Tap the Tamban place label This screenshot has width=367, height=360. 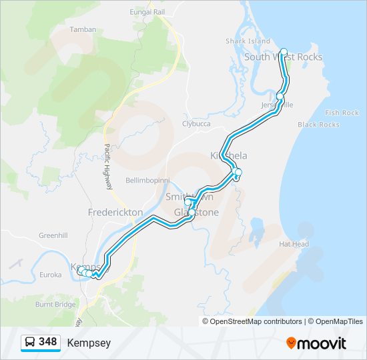(x=83, y=29)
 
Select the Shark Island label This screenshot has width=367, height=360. (x=248, y=41)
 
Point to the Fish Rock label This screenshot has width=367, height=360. (x=342, y=113)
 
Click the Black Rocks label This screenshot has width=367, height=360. (x=318, y=125)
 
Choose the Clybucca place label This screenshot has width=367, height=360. (x=196, y=123)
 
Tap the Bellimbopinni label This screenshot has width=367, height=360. (x=148, y=181)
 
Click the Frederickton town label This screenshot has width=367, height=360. (x=115, y=212)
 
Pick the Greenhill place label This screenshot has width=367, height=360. (x=53, y=235)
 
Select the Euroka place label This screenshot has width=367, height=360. (x=50, y=274)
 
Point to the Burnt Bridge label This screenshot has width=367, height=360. (x=55, y=304)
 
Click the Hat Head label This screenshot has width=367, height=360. (x=294, y=244)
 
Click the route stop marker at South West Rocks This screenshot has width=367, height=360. (x=284, y=52)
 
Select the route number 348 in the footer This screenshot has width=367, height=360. (x=47, y=342)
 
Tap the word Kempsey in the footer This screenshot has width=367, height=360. (x=89, y=343)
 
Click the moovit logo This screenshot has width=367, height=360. (x=316, y=343)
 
